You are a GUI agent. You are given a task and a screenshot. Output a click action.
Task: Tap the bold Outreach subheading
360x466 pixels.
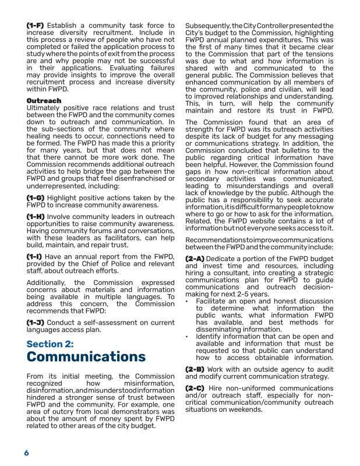point(44,101)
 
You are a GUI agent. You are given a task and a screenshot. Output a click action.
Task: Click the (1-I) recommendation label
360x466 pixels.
point(36,256)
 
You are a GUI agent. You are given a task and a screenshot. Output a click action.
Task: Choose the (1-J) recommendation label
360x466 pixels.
point(36,322)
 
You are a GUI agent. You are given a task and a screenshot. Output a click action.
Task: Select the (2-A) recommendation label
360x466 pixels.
point(195,257)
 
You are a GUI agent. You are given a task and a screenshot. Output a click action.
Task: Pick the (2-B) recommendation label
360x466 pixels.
point(195,369)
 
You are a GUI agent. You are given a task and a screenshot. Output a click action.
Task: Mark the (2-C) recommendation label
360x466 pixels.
point(195,388)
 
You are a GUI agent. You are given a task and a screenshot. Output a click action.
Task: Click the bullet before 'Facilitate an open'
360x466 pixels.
point(186,301)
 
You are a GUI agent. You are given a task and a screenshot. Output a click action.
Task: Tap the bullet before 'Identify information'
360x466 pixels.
point(186,337)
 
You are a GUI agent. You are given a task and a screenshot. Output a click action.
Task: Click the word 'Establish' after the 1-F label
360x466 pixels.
point(65,26)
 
